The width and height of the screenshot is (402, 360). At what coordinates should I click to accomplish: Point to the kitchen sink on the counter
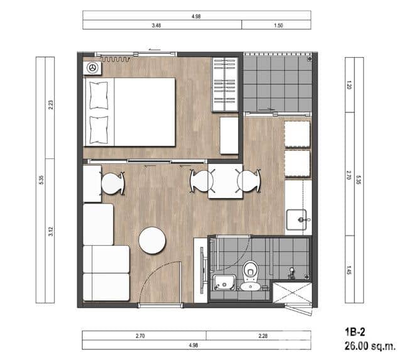tap(298, 220)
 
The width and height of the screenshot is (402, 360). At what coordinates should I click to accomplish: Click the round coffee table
tap(152, 240)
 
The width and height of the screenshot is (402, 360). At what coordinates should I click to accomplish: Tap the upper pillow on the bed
tap(99, 95)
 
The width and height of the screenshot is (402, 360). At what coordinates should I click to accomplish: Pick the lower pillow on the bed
tap(99, 128)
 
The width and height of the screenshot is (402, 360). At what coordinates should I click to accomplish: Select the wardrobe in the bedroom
tap(225, 84)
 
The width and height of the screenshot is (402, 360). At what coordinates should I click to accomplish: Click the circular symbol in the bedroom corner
tap(92, 67)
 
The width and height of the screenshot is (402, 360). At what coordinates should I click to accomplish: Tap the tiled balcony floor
tap(276, 83)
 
